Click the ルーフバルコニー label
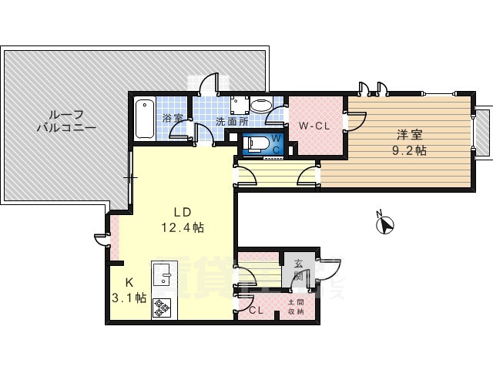[65, 120]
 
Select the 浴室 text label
[173, 119]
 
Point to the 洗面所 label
[230, 121]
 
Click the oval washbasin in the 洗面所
[261, 106]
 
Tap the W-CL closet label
[315, 126]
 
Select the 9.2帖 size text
[409, 151]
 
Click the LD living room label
[181, 212]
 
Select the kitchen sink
[163, 275]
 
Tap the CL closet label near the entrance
[257, 311]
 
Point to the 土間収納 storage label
[296, 307]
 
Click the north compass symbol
[384, 225]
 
